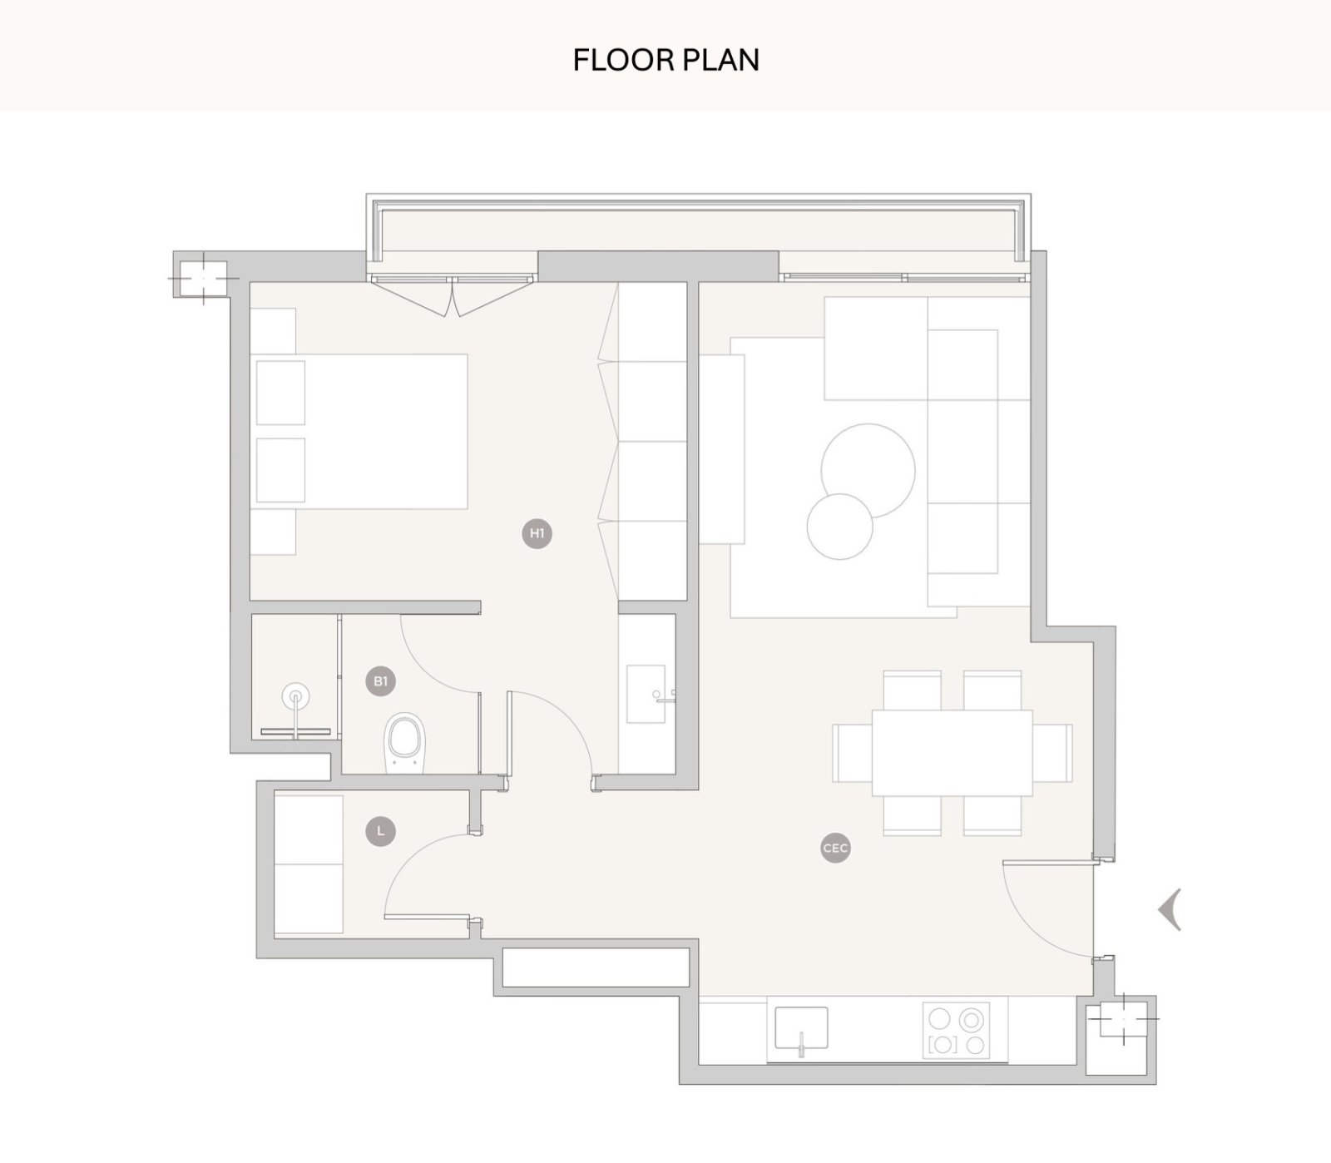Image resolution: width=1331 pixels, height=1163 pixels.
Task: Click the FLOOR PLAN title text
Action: (x=665, y=60)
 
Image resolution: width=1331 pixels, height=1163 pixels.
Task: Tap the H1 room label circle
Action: (x=537, y=533)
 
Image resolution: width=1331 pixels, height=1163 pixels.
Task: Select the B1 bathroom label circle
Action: (x=380, y=681)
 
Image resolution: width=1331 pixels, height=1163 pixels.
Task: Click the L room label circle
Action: (x=381, y=830)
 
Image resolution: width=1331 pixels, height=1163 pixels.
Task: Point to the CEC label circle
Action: (x=835, y=848)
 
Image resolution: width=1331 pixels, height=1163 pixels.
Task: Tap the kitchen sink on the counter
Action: (x=801, y=1028)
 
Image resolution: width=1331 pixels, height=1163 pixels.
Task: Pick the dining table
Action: (x=952, y=753)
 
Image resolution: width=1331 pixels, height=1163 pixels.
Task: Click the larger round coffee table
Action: (x=868, y=470)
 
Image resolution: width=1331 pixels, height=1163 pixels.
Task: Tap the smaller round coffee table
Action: (x=840, y=527)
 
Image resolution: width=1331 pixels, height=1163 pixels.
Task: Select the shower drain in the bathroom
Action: (x=294, y=695)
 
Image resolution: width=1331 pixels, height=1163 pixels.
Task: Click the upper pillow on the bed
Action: (x=280, y=392)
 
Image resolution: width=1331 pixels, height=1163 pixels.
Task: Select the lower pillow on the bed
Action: (x=280, y=470)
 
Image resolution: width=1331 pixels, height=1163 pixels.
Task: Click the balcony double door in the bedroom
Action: (x=453, y=295)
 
